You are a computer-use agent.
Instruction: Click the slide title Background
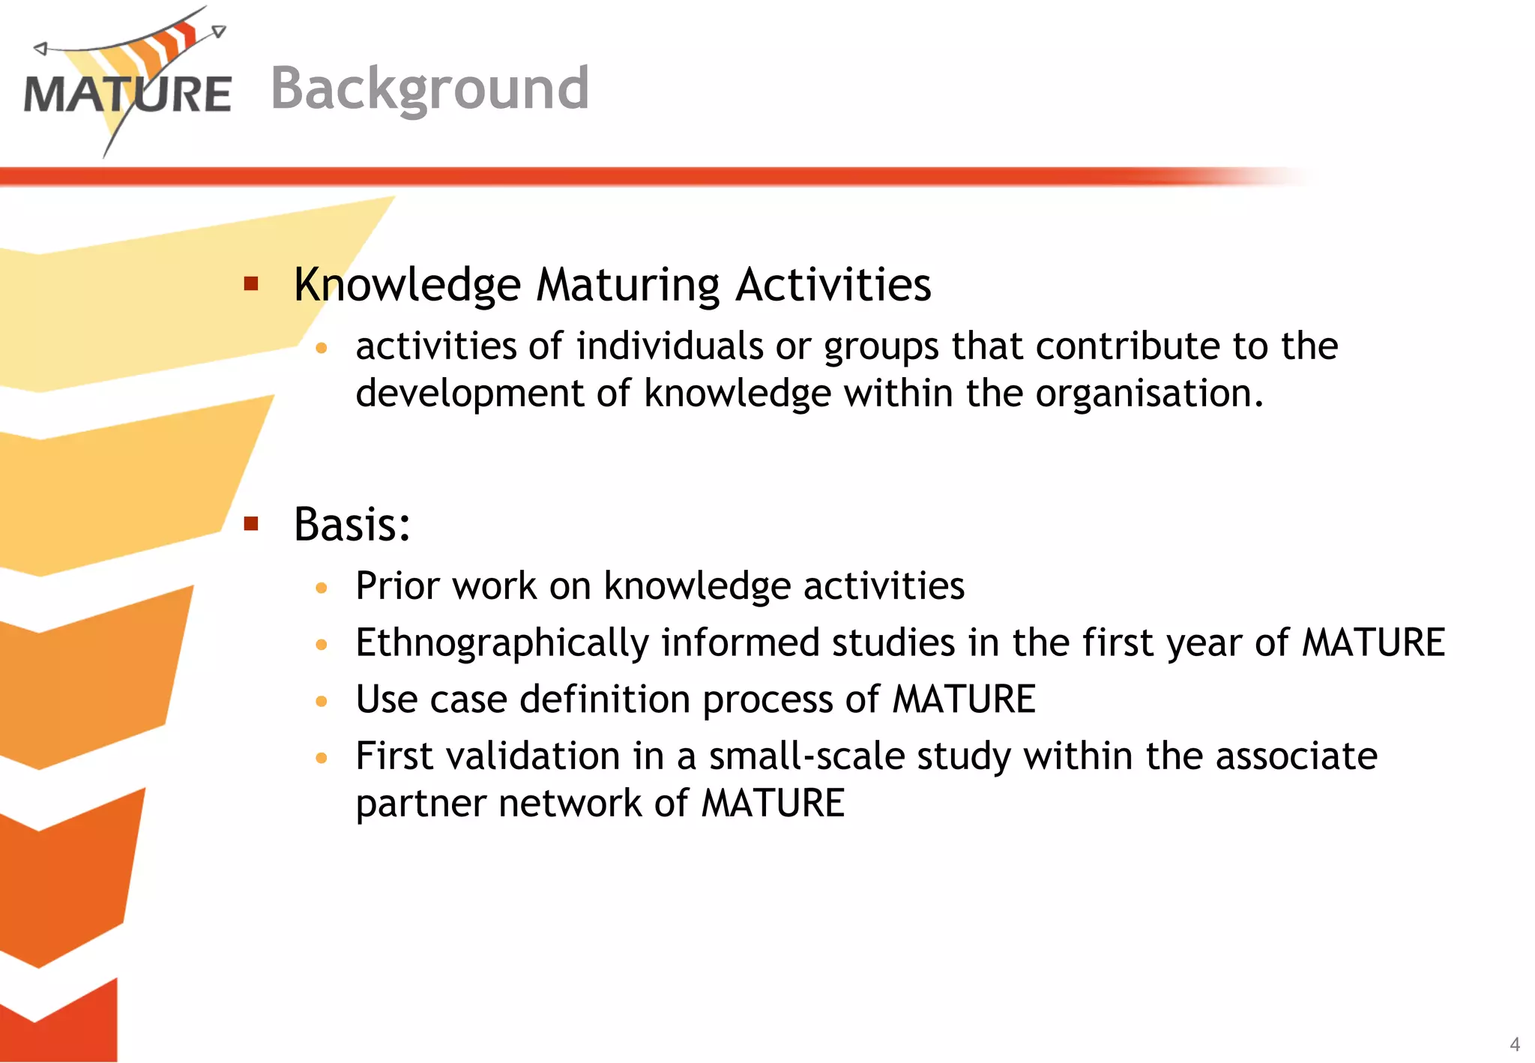click(x=429, y=88)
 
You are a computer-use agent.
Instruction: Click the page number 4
click(x=1514, y=1044)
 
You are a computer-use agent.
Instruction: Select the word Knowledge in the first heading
click(x=407, y=286)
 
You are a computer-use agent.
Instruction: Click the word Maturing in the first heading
click(x=628, y=286)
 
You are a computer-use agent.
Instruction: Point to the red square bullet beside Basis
click(x=251, y=523)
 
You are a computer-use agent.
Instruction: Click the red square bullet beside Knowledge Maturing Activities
click(x=251, y=283)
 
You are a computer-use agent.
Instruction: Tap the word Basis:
click(x=352, y=524)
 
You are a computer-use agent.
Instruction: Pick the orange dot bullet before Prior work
click(x=322, y=588)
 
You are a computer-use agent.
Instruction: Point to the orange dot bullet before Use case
click(x=322, y=702)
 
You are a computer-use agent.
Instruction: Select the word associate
click(x=1296, y=756)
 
